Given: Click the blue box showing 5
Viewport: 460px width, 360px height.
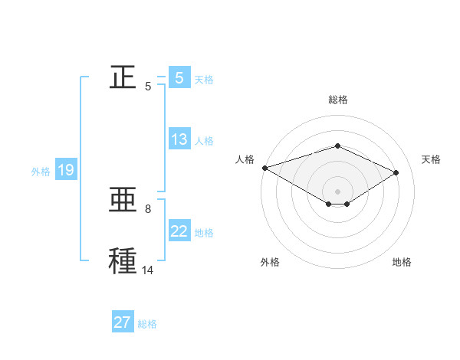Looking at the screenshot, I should coord(179,78).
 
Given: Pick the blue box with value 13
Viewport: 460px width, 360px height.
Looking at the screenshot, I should coord(179,139).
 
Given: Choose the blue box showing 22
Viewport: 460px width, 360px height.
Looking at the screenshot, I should coord(179,231).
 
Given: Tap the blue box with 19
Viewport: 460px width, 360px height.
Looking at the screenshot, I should coord(65,170).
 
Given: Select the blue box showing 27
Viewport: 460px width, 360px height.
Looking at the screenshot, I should coord(123,322).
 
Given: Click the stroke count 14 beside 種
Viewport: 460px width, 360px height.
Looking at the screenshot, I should coord(148,270).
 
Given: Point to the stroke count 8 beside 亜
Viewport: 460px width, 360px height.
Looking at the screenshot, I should coord(148,208).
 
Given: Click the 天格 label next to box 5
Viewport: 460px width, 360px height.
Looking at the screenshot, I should coord(204,80).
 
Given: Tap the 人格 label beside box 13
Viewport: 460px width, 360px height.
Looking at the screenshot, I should coord(204,141).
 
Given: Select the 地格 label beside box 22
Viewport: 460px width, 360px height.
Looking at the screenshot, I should coord(204,233).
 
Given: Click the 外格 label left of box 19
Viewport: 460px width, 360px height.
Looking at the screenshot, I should coord(41,172).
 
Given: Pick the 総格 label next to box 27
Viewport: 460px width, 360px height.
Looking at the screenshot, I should coord(147,324).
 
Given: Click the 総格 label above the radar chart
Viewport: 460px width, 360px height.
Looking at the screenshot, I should coord(337,100).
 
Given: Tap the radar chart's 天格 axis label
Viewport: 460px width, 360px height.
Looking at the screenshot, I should coord(431,159).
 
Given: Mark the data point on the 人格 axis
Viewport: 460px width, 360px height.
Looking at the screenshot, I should coord(264,168).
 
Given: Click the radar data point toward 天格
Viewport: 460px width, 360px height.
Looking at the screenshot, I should coord(396,172).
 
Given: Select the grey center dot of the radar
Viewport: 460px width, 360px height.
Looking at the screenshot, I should coord(337,191).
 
